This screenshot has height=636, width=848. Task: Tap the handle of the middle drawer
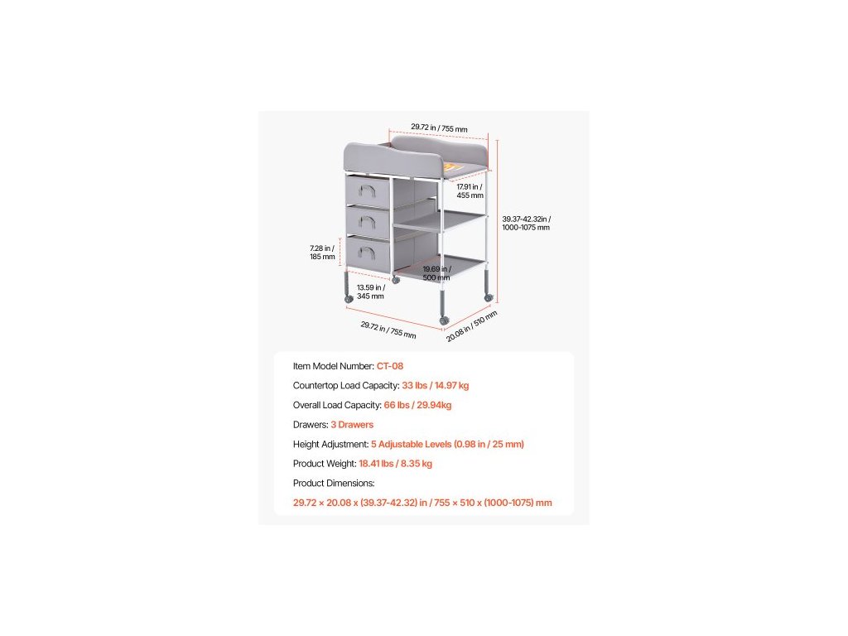click(371, 221)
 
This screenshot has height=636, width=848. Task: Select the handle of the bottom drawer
click(371, 251)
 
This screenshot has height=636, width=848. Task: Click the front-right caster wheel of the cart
click(444, 320)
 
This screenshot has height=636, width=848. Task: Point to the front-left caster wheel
click(347, 297)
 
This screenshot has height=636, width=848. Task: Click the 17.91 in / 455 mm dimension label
click(470, 191)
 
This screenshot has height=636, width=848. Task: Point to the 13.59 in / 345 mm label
click(370, 291)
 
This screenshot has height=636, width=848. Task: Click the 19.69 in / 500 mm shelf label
click(436, 273)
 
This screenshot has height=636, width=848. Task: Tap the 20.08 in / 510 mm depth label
click(472, 325)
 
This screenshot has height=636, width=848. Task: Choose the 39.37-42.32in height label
click(526, 223)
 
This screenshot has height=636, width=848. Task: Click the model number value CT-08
click(390, 365)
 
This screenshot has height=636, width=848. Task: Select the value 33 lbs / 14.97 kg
click(435, 385)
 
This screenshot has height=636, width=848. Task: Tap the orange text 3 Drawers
click(352, 424)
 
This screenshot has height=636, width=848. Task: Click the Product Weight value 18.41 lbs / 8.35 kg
click(395, 463)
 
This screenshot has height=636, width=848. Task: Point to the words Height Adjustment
click(330, 444)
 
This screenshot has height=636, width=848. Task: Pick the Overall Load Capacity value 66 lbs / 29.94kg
click(417, 405)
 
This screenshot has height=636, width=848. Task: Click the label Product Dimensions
click(334, 483)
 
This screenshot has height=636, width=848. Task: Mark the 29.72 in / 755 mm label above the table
click(439, 128)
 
